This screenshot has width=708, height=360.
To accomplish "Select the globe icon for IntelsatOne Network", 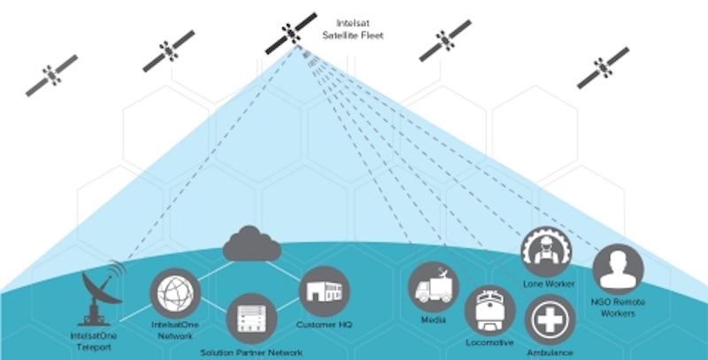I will tap(174, 293).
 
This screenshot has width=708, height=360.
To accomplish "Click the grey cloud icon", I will tap(251, 243).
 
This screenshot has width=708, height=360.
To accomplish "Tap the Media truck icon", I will tap(433, 287).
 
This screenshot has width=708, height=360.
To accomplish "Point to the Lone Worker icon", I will tap(545, 251).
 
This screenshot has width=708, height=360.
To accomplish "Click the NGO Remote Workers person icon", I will tap(617, 269).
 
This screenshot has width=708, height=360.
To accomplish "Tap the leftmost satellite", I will tap(51, 76).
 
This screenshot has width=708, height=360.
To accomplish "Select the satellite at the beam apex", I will tap(292, 33).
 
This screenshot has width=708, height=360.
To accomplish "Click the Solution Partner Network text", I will tap(251, 353).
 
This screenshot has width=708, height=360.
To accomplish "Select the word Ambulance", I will tap(550, 353).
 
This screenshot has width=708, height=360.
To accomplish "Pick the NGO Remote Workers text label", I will tap(617, 308).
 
